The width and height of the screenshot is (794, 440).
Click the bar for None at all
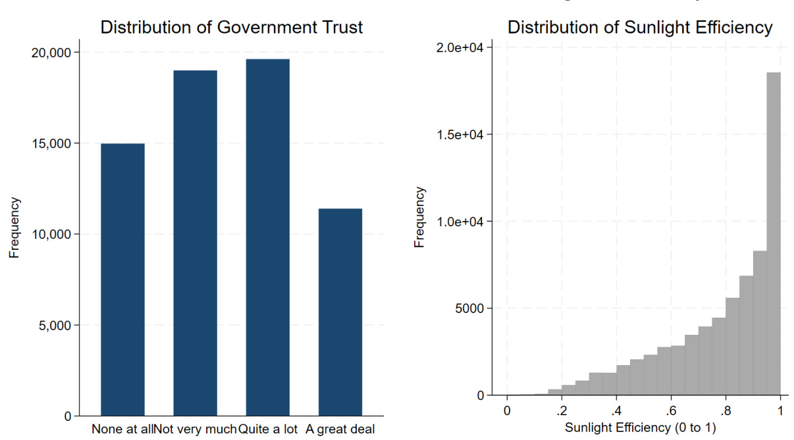coord(122,280)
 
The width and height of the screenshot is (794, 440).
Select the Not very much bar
coord(195,243)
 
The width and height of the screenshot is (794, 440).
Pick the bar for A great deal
coord(340,312)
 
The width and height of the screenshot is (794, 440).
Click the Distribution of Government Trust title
coord(231,28)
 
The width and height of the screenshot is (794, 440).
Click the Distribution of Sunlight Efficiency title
coord(640,28)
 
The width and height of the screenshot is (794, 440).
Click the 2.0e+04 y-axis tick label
coord(462,48)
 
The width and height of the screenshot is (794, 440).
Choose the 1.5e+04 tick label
coord(462,135)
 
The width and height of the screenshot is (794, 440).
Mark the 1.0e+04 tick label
coord(462,222)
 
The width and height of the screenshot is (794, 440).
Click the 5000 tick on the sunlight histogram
coord(469,308)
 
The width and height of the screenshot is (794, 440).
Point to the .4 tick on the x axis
coord(616,410)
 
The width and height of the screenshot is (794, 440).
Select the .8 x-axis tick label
coord(726,410)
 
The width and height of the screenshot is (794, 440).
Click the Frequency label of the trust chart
coord(14,227)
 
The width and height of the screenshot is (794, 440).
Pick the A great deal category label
coord(340,430)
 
